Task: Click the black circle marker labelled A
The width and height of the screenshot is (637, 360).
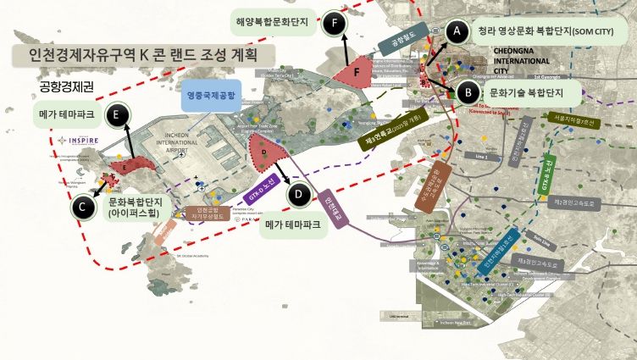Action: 457,31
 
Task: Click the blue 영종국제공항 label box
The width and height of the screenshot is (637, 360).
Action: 212,94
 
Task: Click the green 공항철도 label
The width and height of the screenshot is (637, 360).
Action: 404,38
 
